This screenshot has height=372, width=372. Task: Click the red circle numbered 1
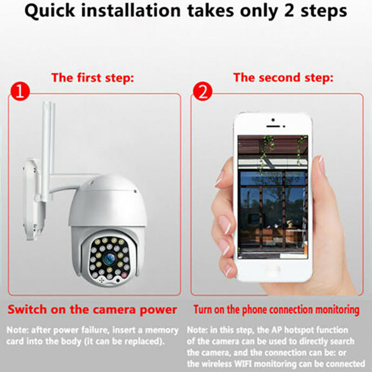click(20, 92)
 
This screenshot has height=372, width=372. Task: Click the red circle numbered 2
click(202, 92)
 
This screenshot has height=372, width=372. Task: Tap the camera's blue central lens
click(109, 258)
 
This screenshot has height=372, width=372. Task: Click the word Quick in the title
click(50, 11)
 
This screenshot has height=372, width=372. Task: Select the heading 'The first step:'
click(93, 78)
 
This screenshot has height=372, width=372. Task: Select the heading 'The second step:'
click(283, 78)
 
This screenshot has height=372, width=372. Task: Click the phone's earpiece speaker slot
click(273, 126)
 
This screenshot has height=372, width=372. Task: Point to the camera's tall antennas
click(48, 152)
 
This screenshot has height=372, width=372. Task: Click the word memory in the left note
click(162, 330)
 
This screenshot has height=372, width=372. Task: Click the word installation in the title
click(131, 11)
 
